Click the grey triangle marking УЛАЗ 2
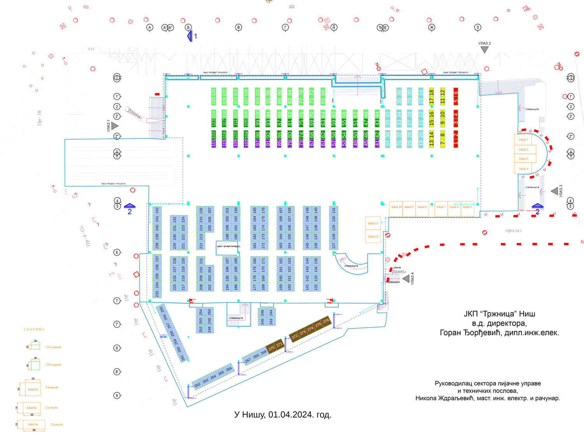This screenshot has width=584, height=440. coord(484,50)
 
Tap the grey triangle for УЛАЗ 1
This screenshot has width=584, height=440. coord(114,126)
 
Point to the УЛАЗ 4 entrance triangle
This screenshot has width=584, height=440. coord(406,279)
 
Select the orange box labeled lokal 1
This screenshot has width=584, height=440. coord(523,140)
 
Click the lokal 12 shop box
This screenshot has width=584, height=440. coord(373,236)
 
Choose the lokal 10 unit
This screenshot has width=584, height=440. coord(396,207)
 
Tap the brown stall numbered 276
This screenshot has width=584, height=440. coord(326,321)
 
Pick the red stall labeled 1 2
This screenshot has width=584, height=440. coord(456,139)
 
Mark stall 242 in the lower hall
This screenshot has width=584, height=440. coord(157,211)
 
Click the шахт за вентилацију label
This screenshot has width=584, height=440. coord(229,246)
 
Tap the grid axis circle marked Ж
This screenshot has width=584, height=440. coord(431,27)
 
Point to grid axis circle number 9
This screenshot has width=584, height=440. coord(117,396)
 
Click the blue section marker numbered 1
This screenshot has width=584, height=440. coord(190,36)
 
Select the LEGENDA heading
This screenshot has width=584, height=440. coord(34,329)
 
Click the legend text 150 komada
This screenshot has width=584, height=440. coord(53,365)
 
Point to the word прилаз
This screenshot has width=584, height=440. coord(513,230)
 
